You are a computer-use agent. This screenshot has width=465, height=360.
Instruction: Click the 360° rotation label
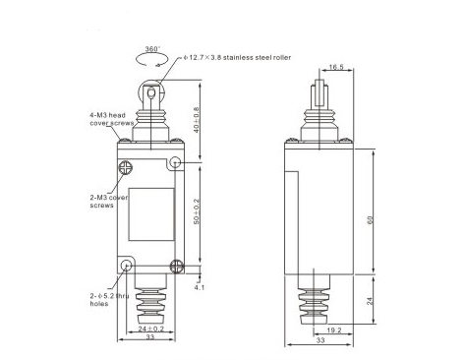[x=152, y=49]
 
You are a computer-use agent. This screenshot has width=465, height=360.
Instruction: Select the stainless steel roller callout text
[x=237, y=58]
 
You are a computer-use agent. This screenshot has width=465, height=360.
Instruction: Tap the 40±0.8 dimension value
[x=197, y=120]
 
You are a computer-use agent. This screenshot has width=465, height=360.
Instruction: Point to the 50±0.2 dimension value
[x=197, y=211]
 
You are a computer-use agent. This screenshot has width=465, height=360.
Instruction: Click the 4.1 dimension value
[x=200, y=287]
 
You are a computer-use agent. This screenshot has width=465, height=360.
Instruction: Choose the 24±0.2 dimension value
[x=150, y=329]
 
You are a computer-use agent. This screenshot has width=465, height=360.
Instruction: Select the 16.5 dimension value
[x=336, y=67]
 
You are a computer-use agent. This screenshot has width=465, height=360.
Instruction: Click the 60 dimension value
[x=371, y=220]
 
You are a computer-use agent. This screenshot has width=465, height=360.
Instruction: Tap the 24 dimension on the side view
[x=370, y=301]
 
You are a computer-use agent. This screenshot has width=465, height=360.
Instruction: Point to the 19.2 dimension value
[x=334, y=330]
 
